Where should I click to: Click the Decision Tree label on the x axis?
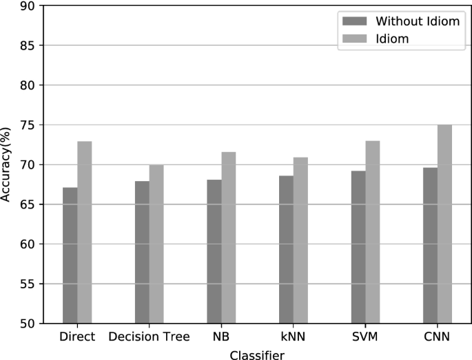tap(149, 337)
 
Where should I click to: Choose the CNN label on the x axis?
tap(437, 337)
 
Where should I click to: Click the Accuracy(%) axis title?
tap(6, 164)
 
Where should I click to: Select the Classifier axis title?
tap(257, 354)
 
